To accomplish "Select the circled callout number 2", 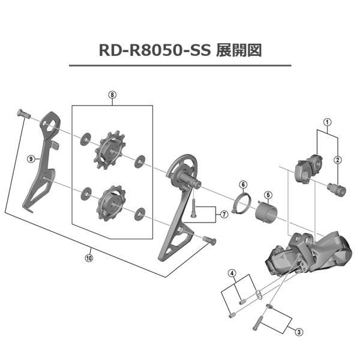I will coord(338,160).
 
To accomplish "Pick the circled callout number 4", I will coord(232,274).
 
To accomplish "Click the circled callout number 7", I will coord(223,214).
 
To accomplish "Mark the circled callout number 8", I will coord(112,94).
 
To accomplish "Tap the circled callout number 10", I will coord(89,259).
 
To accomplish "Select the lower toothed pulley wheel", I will coord(112,201).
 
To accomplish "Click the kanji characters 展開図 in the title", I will coord(238,50).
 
